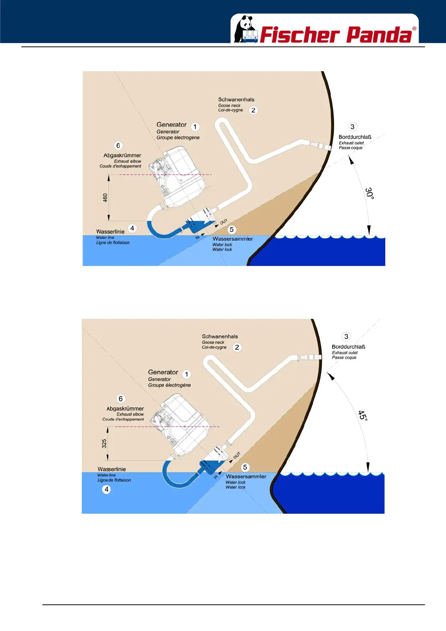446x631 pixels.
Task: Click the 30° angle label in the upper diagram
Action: point(370,193)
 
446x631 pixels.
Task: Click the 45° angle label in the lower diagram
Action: point(362,416)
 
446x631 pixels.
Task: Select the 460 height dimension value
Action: point(105,197)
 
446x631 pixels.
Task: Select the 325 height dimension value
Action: point(104,444)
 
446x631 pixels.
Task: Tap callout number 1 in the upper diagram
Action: point(195,127)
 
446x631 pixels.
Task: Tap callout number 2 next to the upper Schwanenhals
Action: point(253,110)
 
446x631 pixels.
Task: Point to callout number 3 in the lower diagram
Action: point(346,336)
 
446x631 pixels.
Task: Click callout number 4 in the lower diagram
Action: point(106,489)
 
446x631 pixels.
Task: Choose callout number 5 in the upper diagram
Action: point(232,230)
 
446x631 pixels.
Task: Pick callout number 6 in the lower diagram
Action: point(121,399)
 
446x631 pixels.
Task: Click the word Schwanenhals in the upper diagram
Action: point(236,100)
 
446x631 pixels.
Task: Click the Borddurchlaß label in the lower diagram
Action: point(348,347)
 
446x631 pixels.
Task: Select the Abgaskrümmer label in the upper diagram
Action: point(122,156)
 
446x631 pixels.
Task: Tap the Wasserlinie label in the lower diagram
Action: point(112,469)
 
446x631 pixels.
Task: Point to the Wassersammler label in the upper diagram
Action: point(233,239)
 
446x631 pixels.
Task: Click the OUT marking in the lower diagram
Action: point(236,456)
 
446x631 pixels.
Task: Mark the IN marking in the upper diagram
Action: point(198,238)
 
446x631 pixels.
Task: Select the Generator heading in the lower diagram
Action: point(163,372)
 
